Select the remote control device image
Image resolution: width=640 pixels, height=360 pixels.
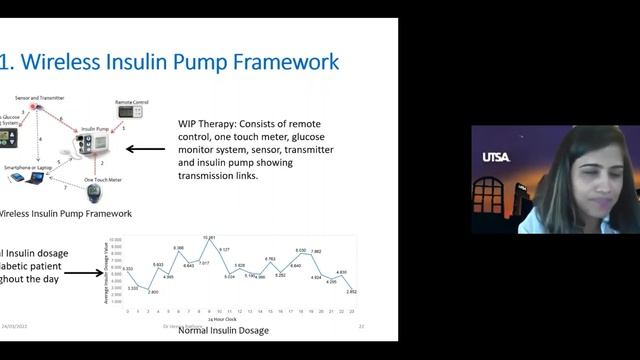tap(130, 112)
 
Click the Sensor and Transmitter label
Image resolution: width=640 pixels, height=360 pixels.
tap(38, 98)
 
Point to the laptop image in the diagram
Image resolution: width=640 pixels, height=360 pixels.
tap(35, 177)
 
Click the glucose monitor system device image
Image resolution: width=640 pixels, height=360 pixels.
tap(8, 136)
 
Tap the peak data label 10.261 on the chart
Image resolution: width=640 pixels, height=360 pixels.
tap(209, 238)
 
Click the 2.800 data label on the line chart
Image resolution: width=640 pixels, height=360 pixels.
tap(152, 291)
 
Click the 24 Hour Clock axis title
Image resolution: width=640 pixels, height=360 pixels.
tap(238, 319)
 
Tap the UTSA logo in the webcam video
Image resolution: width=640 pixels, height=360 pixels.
tap(496, 157)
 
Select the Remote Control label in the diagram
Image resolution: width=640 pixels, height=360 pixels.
tap(131, 101)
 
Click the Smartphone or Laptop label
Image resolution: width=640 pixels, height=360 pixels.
tap(31, 166)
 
